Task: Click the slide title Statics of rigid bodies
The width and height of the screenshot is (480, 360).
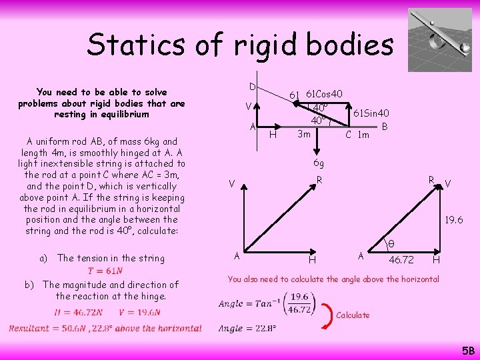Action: (240, 45)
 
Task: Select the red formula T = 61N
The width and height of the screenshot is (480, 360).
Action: (105, 271)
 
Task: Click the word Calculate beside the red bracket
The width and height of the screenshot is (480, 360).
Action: (353, 315)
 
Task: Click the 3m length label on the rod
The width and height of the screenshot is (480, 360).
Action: (303, 134)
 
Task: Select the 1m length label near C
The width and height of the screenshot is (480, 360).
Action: (363, 135)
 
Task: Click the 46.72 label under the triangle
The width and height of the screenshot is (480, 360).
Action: (401, 259)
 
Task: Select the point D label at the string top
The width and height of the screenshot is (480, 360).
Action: (252, 87)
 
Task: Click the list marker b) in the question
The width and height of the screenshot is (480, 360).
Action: (29, 284)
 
